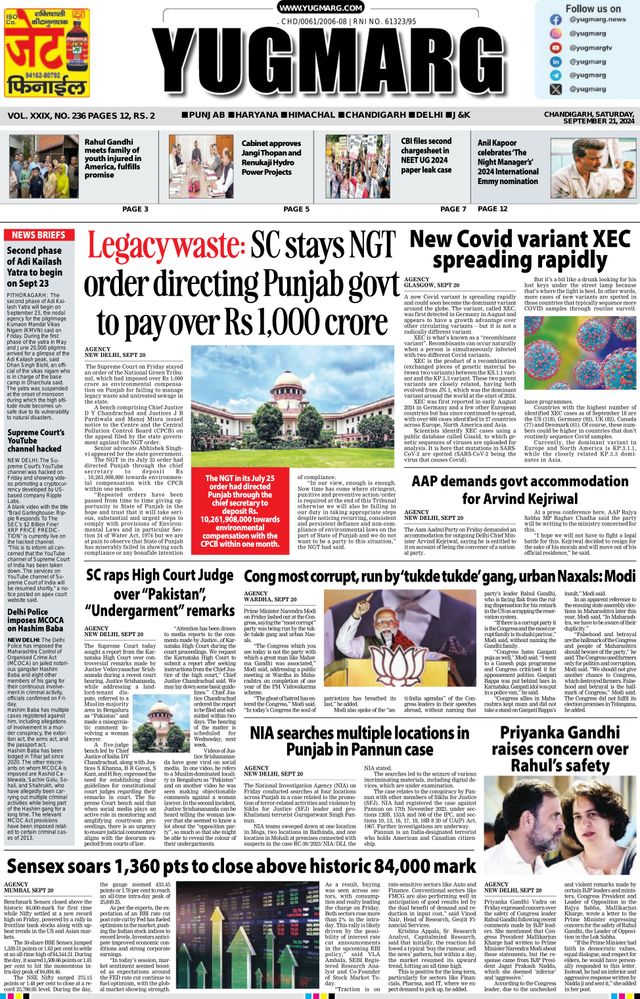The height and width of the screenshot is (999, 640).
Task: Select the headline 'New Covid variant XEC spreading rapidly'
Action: click(517, 250)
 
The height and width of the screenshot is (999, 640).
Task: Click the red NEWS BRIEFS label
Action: click(37, 234)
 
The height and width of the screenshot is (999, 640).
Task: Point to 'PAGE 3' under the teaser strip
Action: click(134, 208)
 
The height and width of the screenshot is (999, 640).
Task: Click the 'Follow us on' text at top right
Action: click(593, 8)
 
